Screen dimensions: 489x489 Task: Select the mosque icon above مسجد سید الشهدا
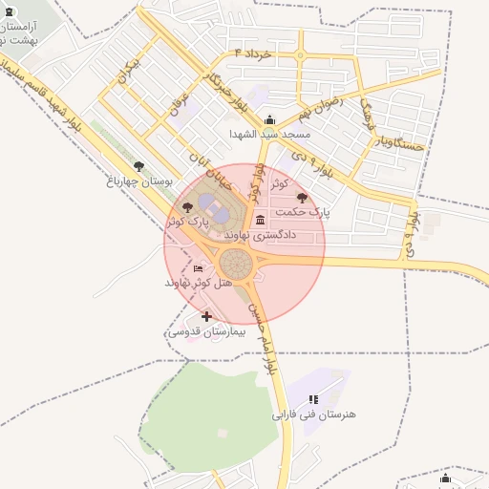(x=270, y=120)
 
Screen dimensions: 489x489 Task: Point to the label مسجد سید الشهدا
(x=266, y=135)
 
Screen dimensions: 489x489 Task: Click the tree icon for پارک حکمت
(x=303, y=198)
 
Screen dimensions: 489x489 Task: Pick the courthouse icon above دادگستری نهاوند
(x=261, y=221)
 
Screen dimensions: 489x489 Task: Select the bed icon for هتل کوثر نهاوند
(x=198, y=269)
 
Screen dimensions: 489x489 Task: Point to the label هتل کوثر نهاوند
(x=198, y=284)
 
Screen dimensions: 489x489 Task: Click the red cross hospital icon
(x=206, y=315)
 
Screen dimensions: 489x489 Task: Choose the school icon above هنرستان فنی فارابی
(x=313, y=399)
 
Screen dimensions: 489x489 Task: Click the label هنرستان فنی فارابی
(x=313, y=415)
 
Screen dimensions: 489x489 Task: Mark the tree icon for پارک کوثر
(x=187, y=206)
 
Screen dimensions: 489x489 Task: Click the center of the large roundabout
(x=235, y=263)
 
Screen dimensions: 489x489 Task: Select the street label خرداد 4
(x=253, y=53)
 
